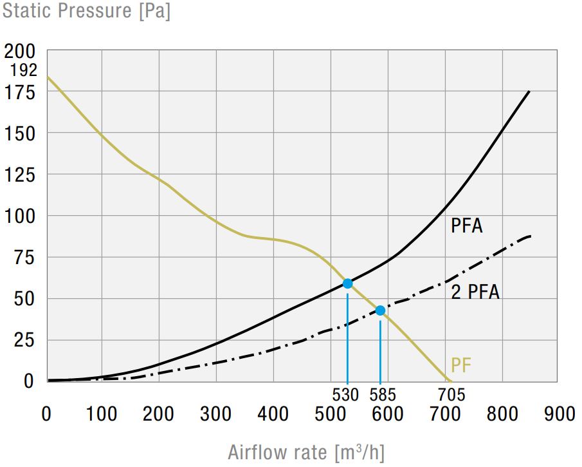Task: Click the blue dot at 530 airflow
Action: point(347,283)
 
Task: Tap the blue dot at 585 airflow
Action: point(380,310)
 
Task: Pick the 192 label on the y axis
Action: point(24,70)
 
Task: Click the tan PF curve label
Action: point(461,365)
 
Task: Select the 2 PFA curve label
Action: point(475,292)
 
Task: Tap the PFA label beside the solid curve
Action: point(466,226)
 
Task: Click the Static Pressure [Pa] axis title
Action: point(86,12)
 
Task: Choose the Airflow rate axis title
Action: point(306,452)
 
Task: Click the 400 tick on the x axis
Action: point(273,414)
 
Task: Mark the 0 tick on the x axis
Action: point(46,414)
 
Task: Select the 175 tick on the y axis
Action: point(21,92)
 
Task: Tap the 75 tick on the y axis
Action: point(26,258)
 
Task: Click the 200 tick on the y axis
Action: point(21,51)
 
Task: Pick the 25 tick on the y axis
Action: point(26,340)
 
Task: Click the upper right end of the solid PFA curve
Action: point(529,91)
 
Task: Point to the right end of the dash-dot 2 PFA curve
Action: point(530,236)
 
